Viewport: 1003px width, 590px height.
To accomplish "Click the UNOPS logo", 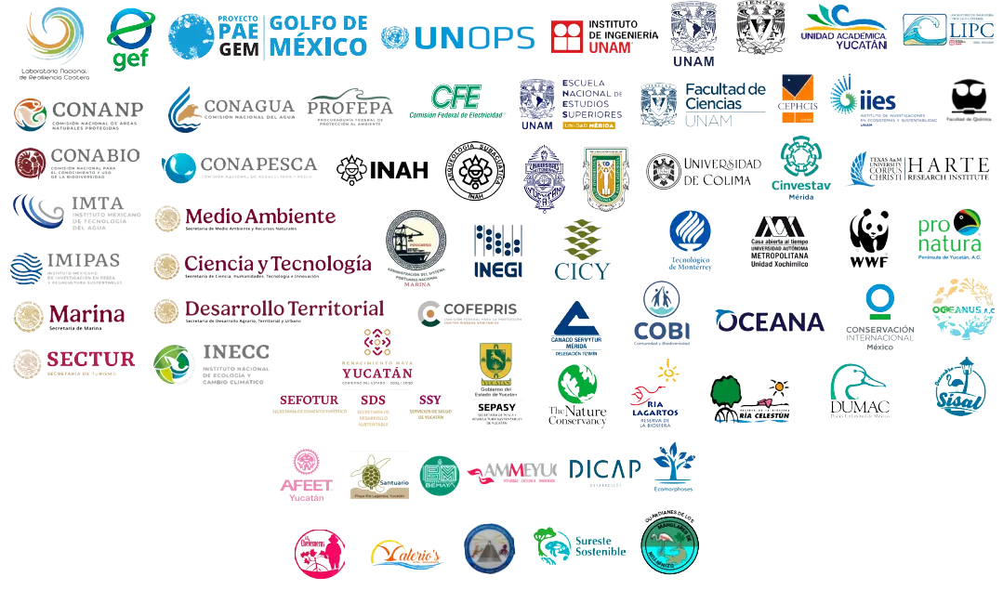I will (x=457, y=37).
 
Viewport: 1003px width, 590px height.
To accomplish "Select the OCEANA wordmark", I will (x=769, y=321).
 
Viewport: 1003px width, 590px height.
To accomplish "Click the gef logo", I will (x=131, y=39).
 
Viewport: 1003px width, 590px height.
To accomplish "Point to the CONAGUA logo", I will (x=231, y=109).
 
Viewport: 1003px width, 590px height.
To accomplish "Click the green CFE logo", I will (x=455, y=100).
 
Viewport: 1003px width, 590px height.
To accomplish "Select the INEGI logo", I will (x=497, y=252).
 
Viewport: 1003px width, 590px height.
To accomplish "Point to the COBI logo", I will (x=661, y=315).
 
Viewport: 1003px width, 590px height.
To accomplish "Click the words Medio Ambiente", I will (x=260, y=216).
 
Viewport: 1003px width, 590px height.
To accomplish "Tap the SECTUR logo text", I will (x=89, y=359).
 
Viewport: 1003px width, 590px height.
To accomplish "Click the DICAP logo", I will (x=603, y=470).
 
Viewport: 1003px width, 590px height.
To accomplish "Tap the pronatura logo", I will (x=947, y=232).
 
